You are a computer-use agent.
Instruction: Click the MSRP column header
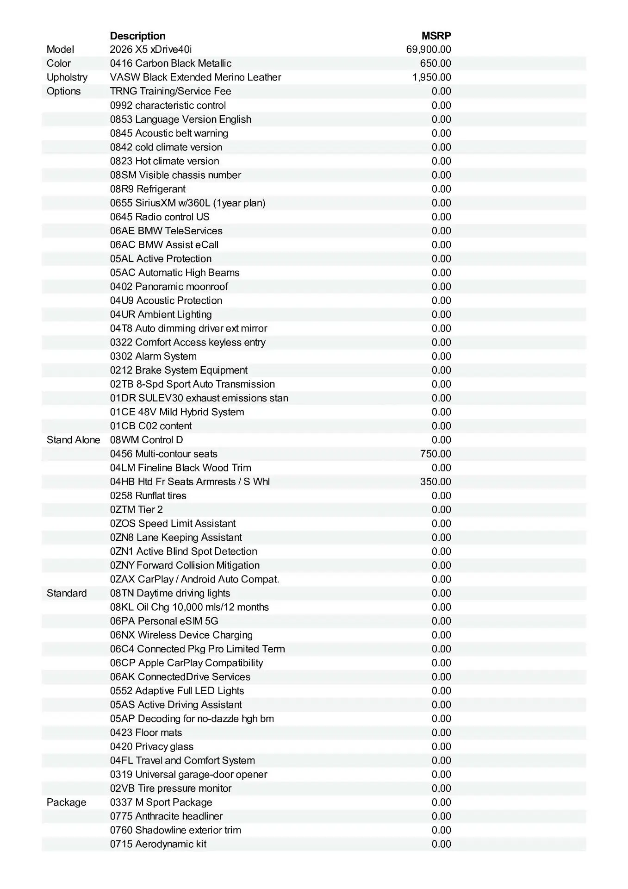tap(436, 36)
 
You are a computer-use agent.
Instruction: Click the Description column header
tap(137, 36)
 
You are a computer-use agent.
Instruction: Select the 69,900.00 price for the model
tap(429, 50)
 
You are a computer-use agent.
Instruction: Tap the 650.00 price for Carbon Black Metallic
tap(435, 63)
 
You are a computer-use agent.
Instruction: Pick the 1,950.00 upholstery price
tap(432, 77)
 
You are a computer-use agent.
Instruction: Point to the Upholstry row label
tap(67, 77)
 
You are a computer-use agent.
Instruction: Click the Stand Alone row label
tap(73, 440)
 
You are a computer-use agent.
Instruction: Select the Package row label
tap(66, 802)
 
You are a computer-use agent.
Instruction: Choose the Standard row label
tap(67, 593)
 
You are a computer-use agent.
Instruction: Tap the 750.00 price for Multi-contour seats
tap(435, 454)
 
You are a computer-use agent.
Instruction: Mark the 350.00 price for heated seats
tap(435, 482)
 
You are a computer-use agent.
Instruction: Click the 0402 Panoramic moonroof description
tap(169, 287)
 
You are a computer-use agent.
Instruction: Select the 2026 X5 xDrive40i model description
tap(151, 50)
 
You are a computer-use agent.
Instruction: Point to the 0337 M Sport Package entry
tap(161, 802)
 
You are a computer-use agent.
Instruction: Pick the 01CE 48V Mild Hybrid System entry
tap(177, 412)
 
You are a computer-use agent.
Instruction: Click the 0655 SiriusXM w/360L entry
tap(187, 203)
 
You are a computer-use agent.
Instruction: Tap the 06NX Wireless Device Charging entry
tap(181, 635)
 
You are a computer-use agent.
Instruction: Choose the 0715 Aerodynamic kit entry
tap(158, 844)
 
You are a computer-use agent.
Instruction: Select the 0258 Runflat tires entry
tap(148, 495)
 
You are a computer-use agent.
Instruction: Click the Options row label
tap(63, 91)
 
